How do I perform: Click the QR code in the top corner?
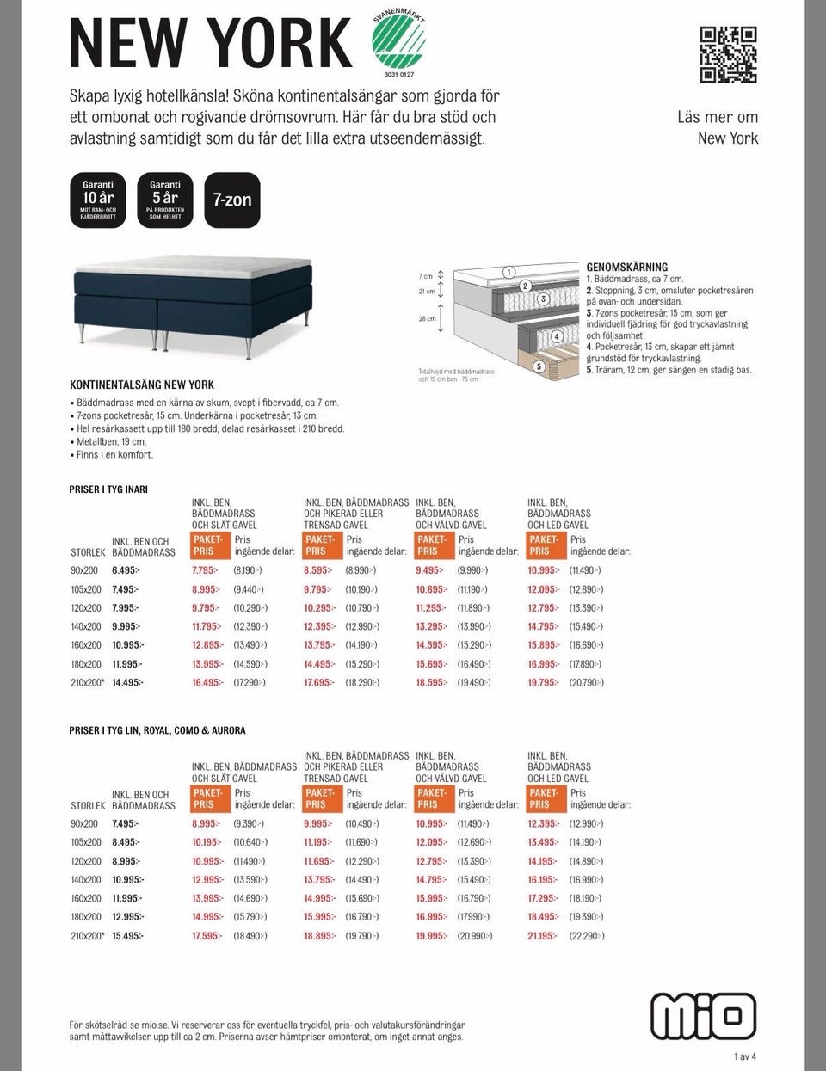tap(728, 54)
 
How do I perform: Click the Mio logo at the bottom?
tap(703, 1016)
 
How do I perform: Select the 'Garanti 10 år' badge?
tap(98, 200)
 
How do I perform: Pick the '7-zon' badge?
tap(232, 200)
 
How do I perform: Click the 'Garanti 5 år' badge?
tap(165, 200)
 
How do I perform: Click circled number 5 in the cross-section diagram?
tap(539, 366)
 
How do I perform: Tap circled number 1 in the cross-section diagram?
tap(509, 272)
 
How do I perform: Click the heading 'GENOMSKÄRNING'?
tap(626, 268)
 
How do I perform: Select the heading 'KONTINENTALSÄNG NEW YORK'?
tap(142, 385)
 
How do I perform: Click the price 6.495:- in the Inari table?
tap(125, 570)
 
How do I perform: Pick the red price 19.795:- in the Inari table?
tap(543, 682)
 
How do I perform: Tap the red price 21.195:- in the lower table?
tap(543, 936)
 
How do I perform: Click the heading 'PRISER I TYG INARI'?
tap(108, 489)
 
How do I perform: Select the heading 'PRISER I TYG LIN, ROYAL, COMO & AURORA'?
tap(157, 730)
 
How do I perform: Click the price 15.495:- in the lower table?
tap(127, 936)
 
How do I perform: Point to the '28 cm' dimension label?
tap(428, 318)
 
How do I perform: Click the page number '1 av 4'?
tap(744, 1056)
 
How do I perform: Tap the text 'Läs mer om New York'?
tap(718, 127)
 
